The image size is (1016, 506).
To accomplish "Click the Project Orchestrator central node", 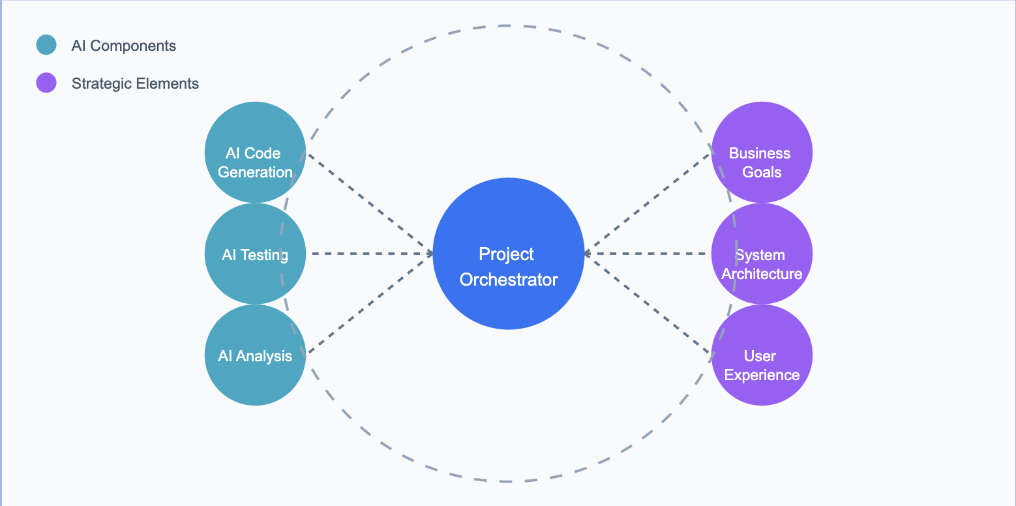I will (508, 254).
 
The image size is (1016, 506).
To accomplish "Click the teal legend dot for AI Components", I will (46, 45).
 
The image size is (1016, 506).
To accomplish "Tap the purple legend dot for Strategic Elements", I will (46, 83).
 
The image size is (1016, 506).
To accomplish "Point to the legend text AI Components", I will (124, 46).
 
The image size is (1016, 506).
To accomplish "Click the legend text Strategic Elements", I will (135, 83).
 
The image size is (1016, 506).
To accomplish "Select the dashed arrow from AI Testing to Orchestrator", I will (372, 254).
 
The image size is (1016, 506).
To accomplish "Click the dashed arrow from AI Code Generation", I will (370, 203).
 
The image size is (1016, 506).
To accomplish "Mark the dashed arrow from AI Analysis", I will (370, 303).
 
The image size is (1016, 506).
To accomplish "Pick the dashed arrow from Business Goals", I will (647, 203).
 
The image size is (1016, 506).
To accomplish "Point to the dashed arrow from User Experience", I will (647, 304).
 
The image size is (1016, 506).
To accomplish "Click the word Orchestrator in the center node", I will (509, 280).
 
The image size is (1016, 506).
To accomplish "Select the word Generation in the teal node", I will (255, 172).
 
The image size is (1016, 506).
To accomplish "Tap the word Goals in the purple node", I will (762, 172).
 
